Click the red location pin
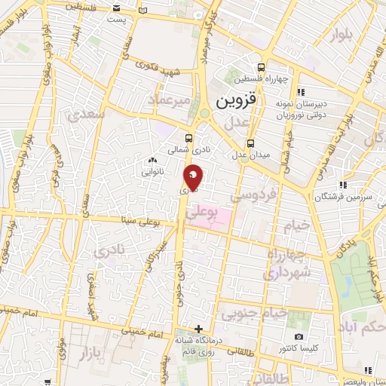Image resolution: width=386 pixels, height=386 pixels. click(x=193, y=176)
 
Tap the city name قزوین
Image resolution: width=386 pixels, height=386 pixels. click(x=237, y=100)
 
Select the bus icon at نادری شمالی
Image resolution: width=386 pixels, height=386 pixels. click(x=188, y=139)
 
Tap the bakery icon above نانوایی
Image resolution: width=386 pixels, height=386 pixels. click(x=153, y=160)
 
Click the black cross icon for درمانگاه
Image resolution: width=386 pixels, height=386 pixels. click(x=198, y=329)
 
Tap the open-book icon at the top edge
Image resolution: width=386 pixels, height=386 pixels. click(x=144, y=12)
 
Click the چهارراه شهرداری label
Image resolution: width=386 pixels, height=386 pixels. click(x=283, y=264)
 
